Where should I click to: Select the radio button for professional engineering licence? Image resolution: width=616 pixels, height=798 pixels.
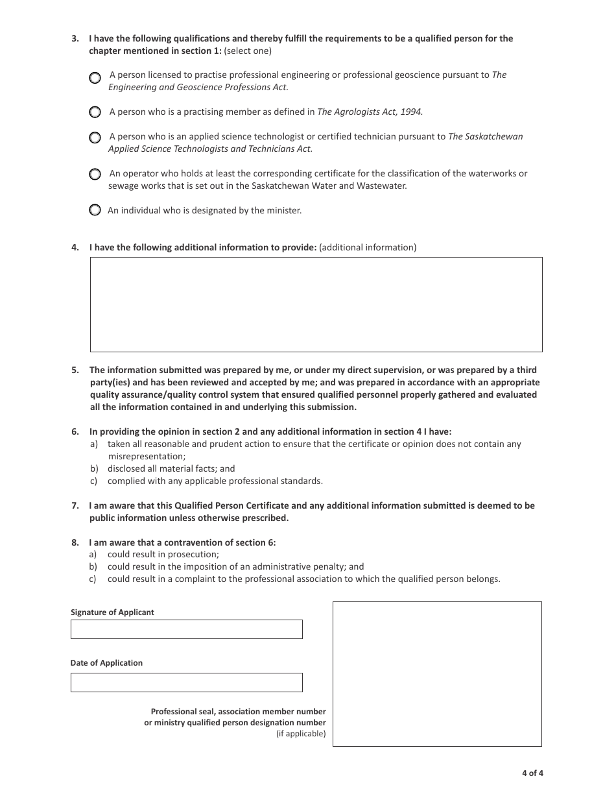(95, 78)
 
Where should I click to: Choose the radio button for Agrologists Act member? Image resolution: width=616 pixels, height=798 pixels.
(95, 112)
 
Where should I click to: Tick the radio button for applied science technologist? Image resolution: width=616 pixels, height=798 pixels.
(95, 138)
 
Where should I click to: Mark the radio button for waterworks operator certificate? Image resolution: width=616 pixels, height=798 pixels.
(95, 175)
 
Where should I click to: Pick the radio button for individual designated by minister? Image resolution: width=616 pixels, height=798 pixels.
(95, 210)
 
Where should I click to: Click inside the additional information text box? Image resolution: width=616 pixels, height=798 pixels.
(316, 304)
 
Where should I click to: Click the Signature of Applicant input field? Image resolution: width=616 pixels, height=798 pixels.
(186, 629)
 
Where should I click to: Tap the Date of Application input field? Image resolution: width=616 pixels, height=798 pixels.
(186, 683)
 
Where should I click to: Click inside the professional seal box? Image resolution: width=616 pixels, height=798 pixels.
(437, 673)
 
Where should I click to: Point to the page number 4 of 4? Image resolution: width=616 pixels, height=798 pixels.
(532, 773)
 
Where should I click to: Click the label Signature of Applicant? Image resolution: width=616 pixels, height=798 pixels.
(112, 612)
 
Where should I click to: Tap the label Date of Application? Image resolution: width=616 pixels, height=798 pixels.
(106, 663)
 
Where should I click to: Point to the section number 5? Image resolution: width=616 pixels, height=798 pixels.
(75, 370)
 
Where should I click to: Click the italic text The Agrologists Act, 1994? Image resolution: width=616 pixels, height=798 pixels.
(370, 112)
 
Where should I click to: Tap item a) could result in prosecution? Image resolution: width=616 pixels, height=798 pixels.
(163, 555)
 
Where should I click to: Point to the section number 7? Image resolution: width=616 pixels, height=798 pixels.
(75, 505)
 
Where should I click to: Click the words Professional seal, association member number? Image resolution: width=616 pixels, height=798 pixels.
(238, 712)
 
